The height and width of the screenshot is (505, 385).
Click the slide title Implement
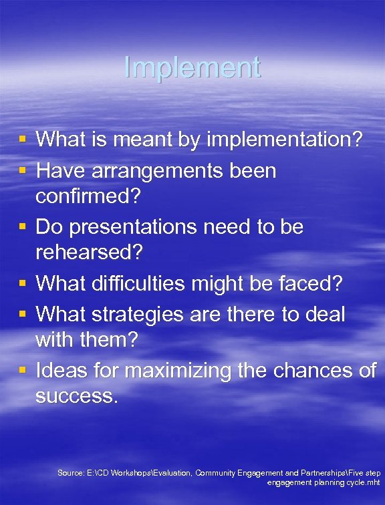tap(192, 68)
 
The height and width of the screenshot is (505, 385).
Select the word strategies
tap(142, 313)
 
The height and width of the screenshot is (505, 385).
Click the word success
tap(77, 397)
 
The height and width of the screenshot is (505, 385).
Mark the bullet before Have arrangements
tap(23, 171)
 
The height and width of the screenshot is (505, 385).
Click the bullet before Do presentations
tap(23, 227)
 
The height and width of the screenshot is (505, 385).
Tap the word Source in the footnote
tap(70, 473)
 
